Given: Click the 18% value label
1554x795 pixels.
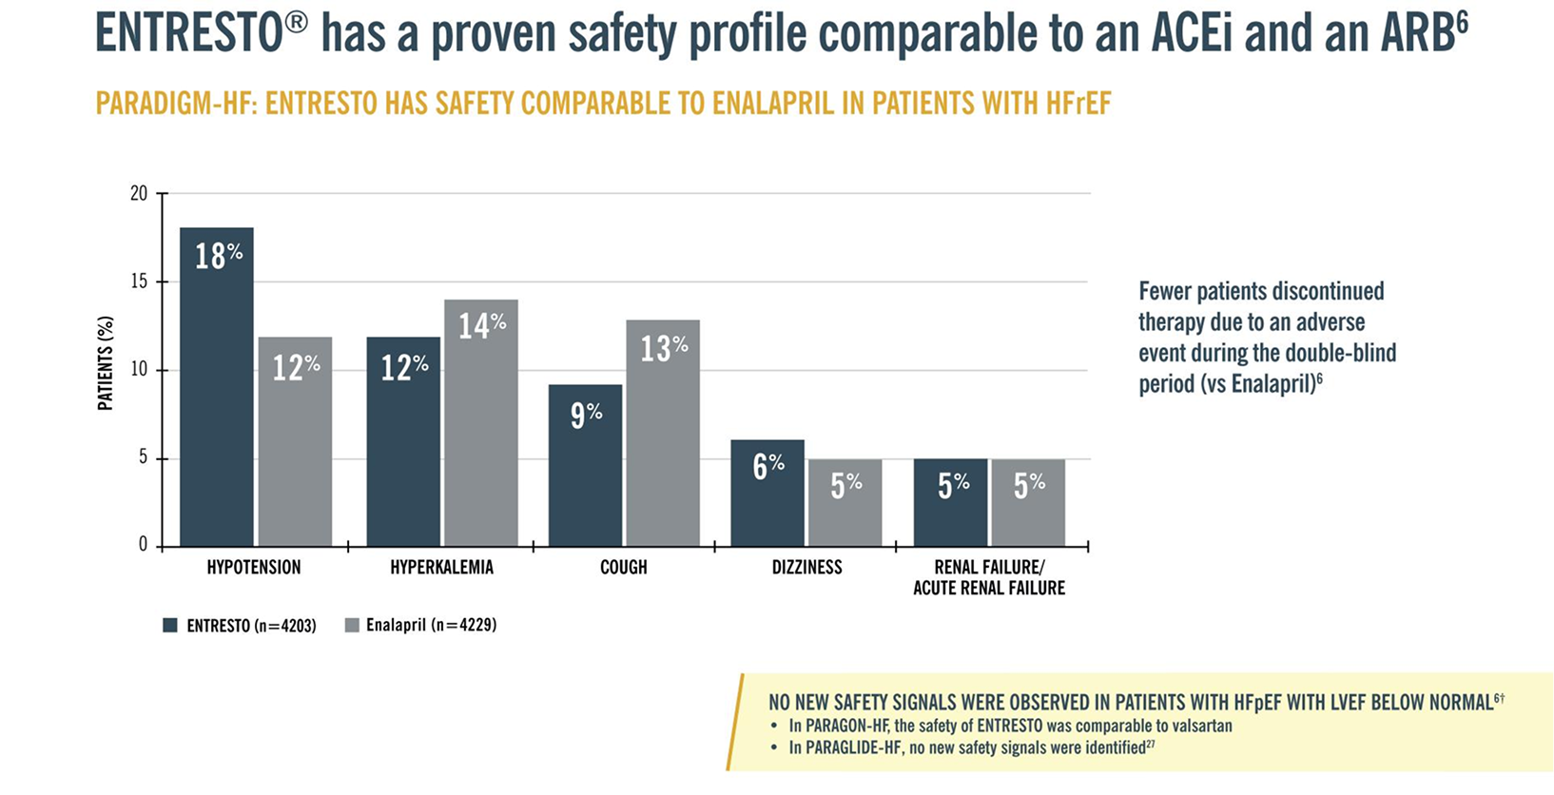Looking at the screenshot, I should (219, 256).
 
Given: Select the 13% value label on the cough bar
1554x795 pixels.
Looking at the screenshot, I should (663, 348).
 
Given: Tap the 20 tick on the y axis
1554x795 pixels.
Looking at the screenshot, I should (139, 194).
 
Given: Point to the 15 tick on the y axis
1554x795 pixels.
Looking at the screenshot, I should (139, 282).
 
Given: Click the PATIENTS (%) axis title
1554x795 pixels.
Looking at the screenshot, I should (106, 363).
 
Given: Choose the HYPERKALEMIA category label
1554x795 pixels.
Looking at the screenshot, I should (441, 568).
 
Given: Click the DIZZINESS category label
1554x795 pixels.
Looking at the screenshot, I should (806, 568).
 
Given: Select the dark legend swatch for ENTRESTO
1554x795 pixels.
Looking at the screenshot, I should (170, 626).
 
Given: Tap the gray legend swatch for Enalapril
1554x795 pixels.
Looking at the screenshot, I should (352, 626).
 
